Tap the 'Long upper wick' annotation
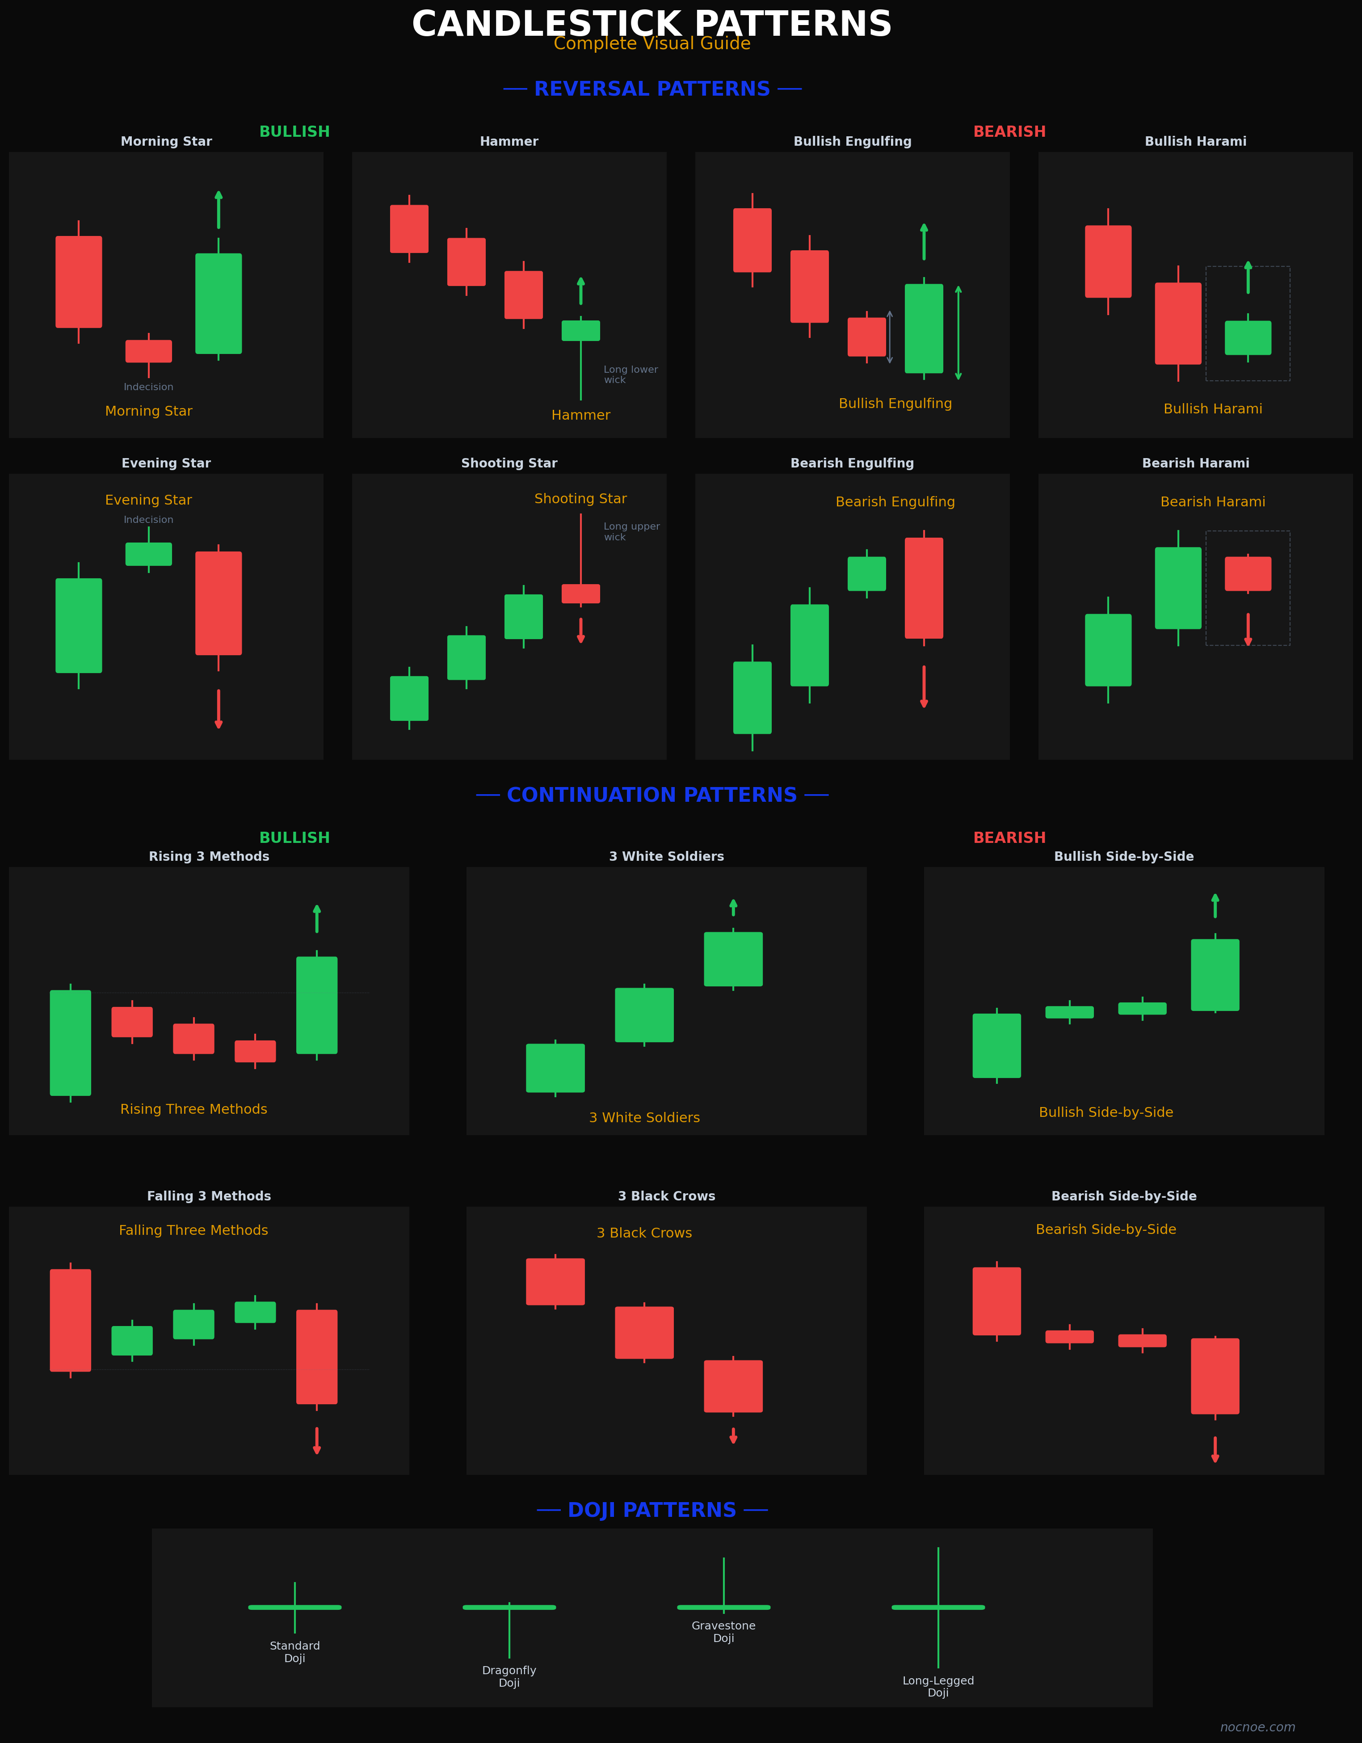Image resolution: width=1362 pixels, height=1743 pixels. click(631, 531)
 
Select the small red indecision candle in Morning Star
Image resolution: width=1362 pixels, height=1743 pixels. click(148, 351)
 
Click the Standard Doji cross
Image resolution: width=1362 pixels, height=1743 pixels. click(294, 1607)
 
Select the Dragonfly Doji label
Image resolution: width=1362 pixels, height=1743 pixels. click(509, 1676)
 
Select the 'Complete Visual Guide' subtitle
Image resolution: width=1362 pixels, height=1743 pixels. click(652, 44)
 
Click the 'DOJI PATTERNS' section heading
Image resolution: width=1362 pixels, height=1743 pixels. click(652, 1510)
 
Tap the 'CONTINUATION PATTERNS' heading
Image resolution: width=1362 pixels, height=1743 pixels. click(652, 795)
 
